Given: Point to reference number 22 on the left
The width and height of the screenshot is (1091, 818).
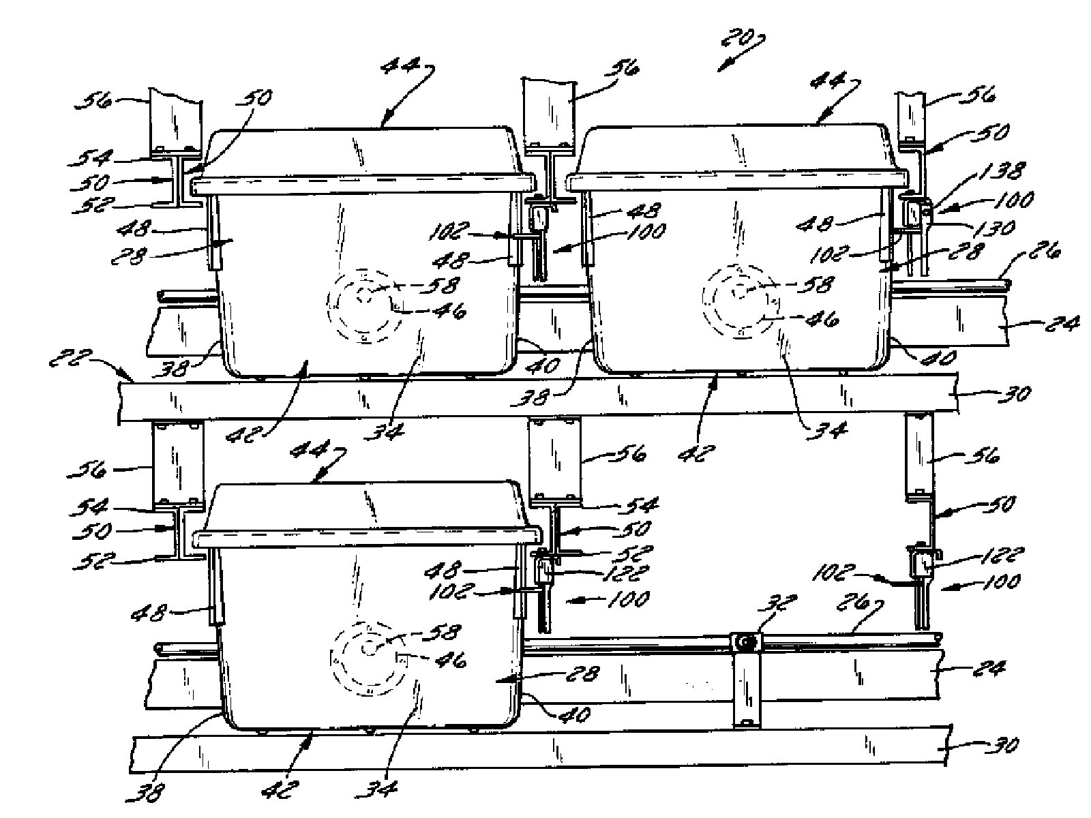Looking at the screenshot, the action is click(x=71, y=359).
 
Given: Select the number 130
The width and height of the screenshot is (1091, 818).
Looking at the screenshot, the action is click(x=993, y=228).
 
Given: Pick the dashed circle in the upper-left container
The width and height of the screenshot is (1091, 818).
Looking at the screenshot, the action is click(x=364, y=307).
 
